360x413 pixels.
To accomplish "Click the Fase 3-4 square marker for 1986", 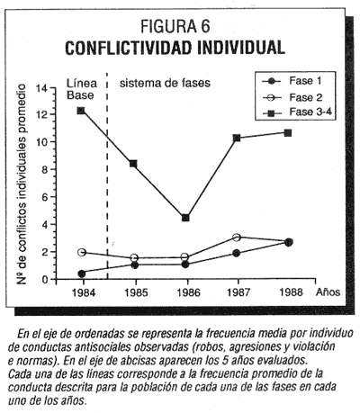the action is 185,218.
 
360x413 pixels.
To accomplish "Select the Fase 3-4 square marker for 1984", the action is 81,111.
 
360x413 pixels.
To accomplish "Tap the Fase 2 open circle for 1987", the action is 237,238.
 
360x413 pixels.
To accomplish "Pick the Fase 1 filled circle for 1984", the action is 81,274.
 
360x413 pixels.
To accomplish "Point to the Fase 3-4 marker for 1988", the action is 288,133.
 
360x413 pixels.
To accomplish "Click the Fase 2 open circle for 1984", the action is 82,252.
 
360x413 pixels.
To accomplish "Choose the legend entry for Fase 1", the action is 292,81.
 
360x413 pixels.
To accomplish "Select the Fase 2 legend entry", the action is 292,97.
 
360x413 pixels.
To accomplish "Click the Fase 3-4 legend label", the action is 310,112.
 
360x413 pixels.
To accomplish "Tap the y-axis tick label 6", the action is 45,197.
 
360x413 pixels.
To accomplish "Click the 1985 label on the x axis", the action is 136,292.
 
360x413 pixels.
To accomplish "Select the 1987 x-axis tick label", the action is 238,292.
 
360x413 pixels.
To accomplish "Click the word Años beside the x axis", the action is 328,292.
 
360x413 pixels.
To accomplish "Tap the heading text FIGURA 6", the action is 175,26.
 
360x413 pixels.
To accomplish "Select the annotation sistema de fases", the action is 165,83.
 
